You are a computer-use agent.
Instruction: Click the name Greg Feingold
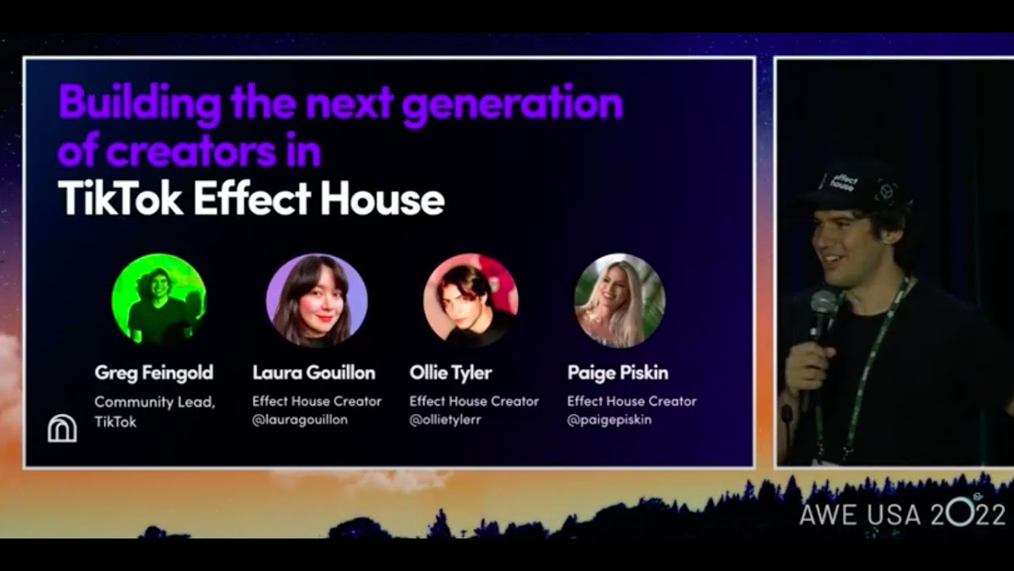(x=154, y=373)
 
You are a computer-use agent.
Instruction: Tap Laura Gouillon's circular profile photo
(x=317, y=301)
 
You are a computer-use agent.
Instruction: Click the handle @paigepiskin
(x=609, y=420)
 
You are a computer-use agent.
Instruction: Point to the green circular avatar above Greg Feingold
(x=158, y=299)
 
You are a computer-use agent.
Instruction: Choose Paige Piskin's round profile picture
(x=619, y=301)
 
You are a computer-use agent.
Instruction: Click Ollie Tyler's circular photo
(x=471, y=301)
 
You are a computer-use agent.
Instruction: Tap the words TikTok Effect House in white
(x=251, y=200)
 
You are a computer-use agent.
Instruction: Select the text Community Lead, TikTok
(x=154, y=412)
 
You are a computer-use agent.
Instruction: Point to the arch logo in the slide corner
(x=62, y=428)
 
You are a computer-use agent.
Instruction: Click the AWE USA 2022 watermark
(x=902, y=514)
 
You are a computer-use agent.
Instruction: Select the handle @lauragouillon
(x=299, y=420)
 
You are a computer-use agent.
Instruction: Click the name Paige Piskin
(x=617, y=373)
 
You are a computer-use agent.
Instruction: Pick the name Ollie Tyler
(x=450, y=373)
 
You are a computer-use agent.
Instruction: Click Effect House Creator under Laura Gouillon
(x=317, y=401)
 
